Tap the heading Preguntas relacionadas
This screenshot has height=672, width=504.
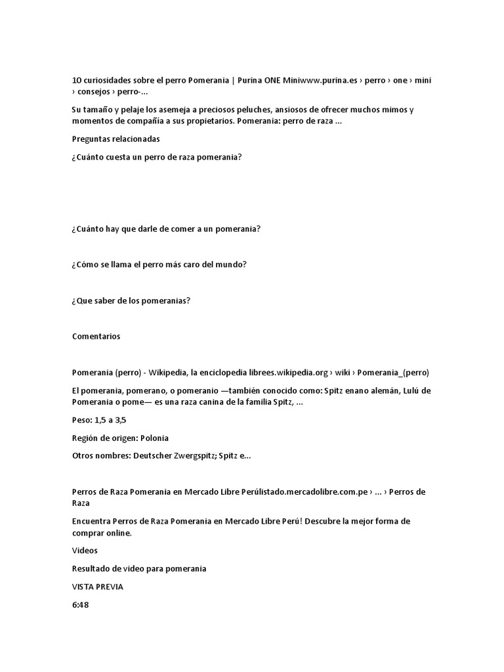point(115,139)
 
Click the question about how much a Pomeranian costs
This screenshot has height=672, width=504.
point(157,157)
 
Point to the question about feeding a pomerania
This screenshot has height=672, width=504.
point(166,228)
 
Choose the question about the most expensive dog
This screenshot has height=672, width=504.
point(159,264)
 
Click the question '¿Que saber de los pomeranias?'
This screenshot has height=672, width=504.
point(131,301)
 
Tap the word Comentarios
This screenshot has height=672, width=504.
point(96,336)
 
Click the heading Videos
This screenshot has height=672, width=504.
point(85,551)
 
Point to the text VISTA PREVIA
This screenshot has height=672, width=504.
point(97,587)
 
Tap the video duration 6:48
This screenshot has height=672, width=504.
point(80,604)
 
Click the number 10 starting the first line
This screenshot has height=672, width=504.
point(77,80)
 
